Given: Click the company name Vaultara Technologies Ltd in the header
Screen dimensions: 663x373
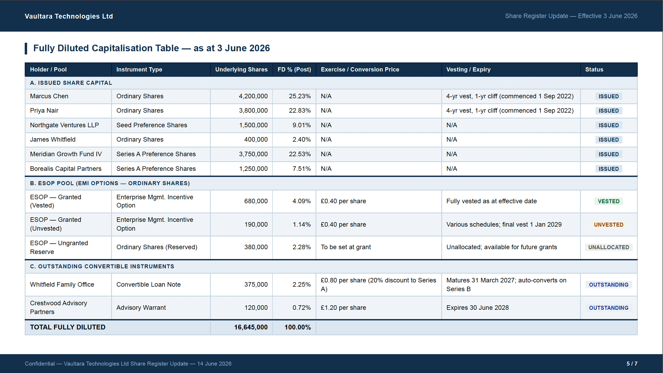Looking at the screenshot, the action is coord(69,16).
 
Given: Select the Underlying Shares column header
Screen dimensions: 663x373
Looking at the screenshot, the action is coord(241,69).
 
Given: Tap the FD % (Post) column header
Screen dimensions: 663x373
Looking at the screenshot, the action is coord(294,69).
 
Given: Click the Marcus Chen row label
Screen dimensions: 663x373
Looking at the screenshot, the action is coord(49,96).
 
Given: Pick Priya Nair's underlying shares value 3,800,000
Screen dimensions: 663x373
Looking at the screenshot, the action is coord(253,111).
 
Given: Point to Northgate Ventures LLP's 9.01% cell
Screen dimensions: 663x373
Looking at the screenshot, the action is coord(302,125).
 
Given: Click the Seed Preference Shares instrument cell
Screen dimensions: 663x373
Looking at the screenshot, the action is coord(152,125).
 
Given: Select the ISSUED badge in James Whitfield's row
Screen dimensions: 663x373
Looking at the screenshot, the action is coord(609,140).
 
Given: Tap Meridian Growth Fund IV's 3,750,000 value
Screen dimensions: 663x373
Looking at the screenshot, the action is coord(253,154).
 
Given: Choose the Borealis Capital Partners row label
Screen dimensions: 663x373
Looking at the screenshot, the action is coord(66,169).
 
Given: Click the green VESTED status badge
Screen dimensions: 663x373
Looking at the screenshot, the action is coord(609,201).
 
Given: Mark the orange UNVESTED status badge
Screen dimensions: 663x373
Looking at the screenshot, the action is coord(609,225).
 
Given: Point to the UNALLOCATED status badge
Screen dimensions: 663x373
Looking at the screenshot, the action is coord(609,247).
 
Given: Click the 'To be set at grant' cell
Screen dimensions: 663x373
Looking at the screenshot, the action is coord(346,247).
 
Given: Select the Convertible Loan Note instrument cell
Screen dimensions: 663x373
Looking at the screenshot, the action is coord(149,285).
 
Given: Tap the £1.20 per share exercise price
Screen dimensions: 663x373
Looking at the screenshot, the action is coord(343,308).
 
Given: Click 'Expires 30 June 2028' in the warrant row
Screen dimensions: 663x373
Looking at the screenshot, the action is coord(478,308).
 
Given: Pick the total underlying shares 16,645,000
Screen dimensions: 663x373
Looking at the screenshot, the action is coord(251,327).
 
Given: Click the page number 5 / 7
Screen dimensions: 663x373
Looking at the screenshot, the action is coord(632,364).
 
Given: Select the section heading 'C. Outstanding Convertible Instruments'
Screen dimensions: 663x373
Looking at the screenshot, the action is coord(102,266).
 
